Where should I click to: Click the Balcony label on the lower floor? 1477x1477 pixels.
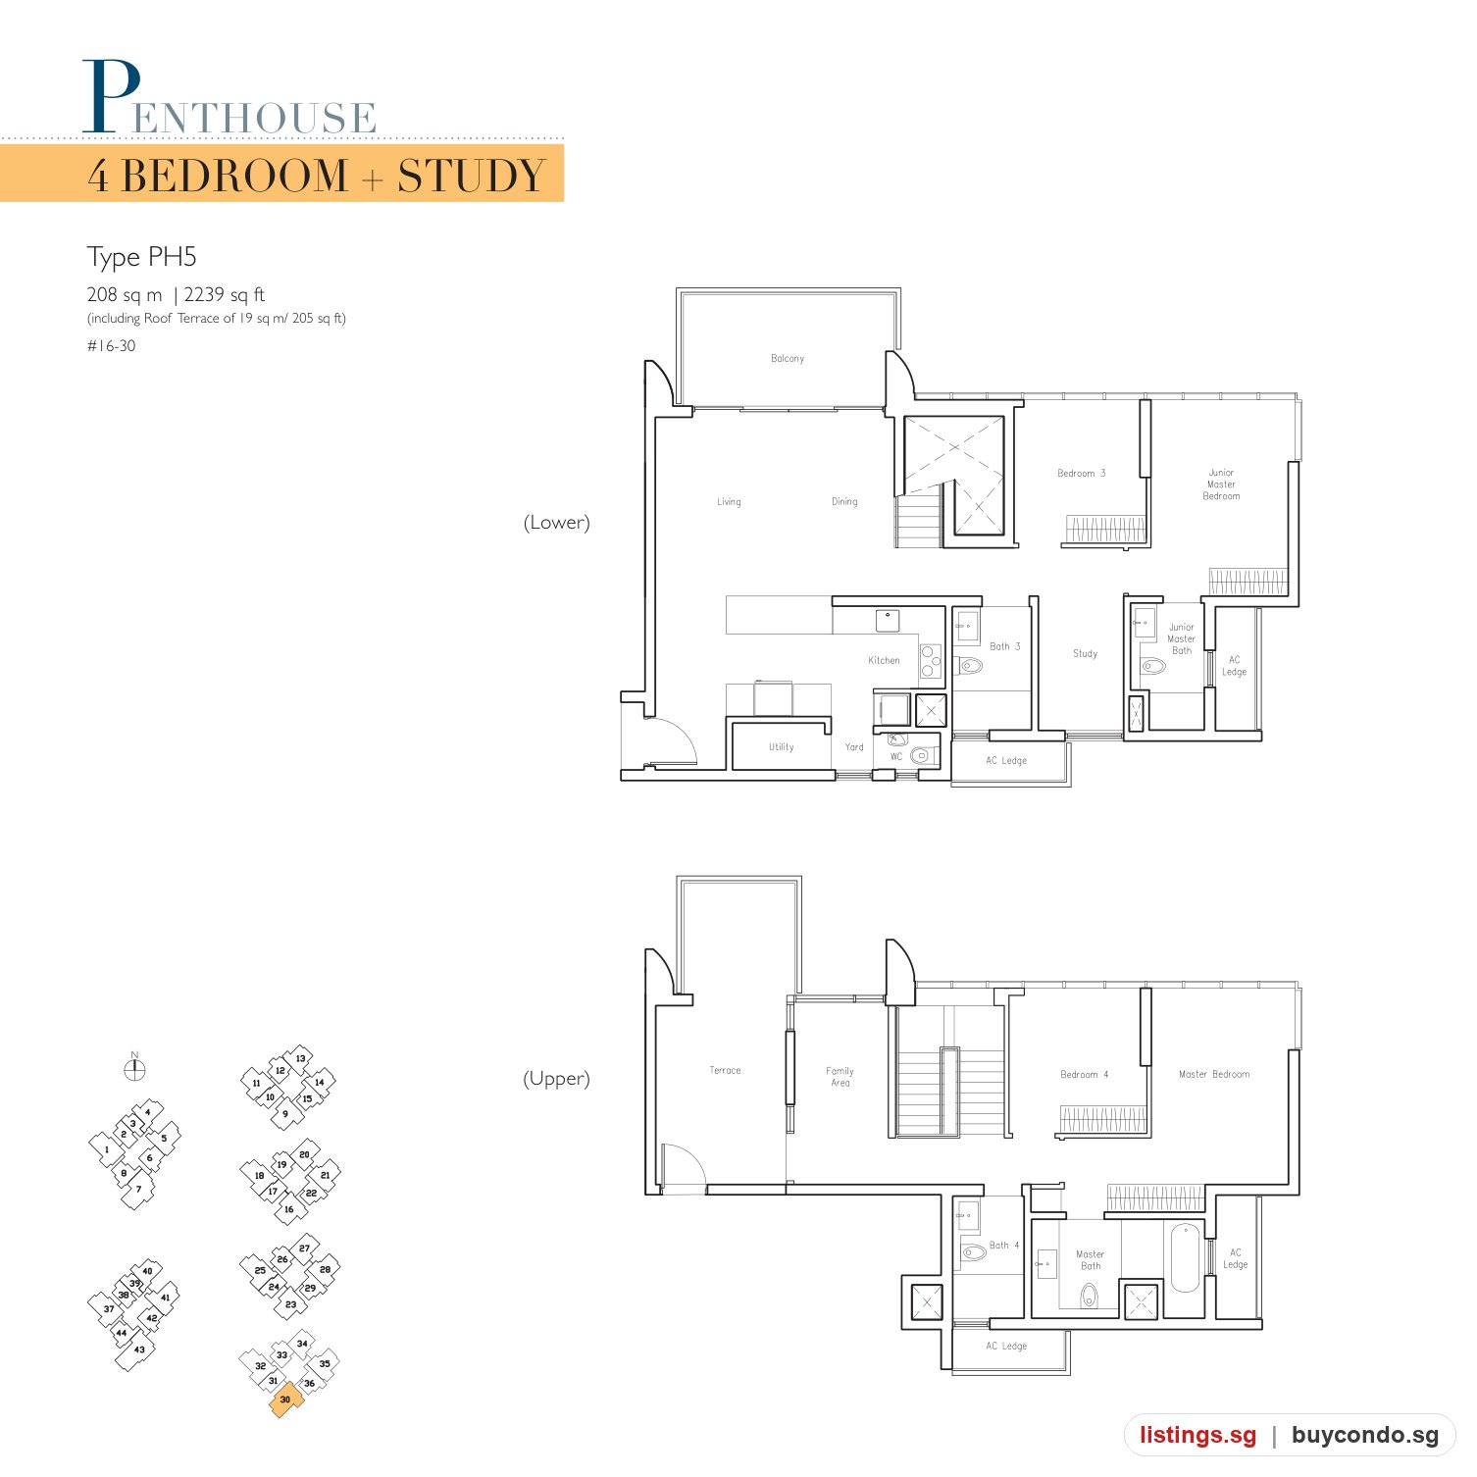788,359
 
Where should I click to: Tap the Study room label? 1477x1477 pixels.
1085,654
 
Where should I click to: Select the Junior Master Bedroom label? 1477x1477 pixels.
1221,484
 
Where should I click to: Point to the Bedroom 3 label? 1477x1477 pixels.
1081,474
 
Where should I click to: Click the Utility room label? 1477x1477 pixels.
782,747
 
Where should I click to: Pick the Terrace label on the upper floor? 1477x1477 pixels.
725,1071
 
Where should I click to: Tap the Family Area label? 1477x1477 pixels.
840,1077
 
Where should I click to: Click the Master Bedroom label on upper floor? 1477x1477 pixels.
1214,1075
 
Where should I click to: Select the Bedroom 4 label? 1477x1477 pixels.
1084,1075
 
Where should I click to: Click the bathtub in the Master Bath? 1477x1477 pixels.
1185,1256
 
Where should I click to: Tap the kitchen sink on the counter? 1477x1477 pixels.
888,621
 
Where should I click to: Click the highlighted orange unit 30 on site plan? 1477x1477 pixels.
285,1400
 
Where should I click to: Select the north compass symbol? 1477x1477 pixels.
135,1068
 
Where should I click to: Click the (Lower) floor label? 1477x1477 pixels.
557,523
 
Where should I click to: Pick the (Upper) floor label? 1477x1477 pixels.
557,1079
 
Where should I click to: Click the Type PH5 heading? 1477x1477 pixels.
142,258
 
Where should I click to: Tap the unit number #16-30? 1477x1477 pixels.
112,346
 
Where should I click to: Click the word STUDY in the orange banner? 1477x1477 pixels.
472,177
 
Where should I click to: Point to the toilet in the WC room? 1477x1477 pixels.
920,756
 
